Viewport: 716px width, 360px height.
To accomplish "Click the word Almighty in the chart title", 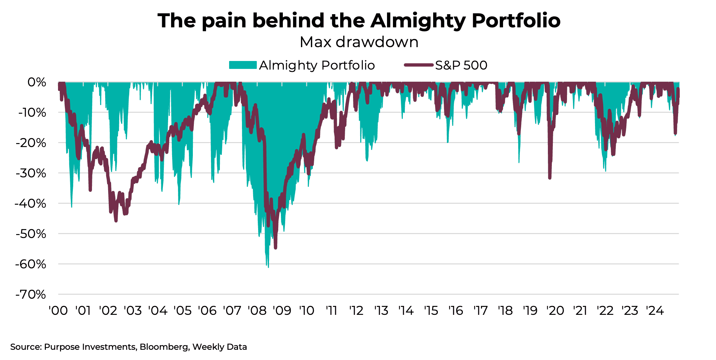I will [418, 21].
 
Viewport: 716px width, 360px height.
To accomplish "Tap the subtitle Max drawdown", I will [359, 42].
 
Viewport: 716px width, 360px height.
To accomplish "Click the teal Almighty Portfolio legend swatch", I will [243, 65].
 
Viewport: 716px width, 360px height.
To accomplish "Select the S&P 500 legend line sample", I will [418, 65].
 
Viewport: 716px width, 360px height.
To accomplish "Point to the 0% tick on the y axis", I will [37, 82].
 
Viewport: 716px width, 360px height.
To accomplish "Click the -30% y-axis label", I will [32, 173].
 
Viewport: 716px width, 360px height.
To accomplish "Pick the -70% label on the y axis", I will [31, 294].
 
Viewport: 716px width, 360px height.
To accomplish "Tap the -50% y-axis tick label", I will [31, 234].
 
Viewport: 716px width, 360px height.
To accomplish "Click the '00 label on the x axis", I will [58, 311].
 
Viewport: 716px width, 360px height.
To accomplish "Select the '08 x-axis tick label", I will [257, 311].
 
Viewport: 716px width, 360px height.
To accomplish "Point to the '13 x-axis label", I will [381, 311].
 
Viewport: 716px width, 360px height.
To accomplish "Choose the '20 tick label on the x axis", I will [555, 311].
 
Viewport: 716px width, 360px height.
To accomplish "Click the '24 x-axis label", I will [655, 311].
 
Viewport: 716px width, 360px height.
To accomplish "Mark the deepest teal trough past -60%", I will [268, 266].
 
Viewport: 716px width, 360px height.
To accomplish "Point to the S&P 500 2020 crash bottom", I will [550, 178].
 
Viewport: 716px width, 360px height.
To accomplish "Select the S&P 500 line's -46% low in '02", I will [116, 221].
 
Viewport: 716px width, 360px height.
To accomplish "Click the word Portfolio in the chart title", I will [516, 21].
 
